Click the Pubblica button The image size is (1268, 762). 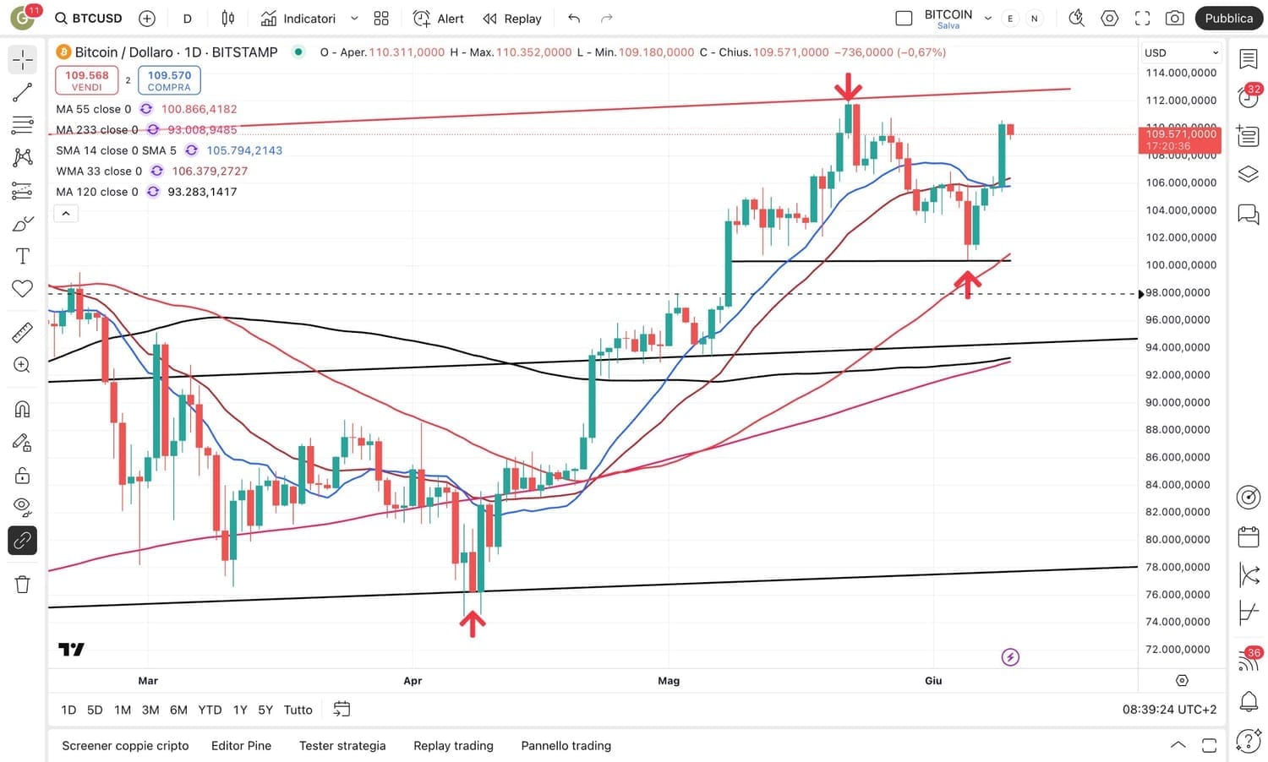tap(1228, 18)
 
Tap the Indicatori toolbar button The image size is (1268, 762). tap(298, 18)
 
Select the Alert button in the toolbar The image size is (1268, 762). tap(438, 18)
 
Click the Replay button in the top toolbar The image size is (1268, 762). tap(511, 18)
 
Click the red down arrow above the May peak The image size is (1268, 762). tap(848, 86)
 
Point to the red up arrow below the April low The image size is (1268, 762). tap(473, 623)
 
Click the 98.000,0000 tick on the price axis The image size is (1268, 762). tap(1178, 292)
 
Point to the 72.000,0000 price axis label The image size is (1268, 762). tap(1178, 649)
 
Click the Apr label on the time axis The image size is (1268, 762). tap(413, 680)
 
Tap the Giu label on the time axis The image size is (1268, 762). tap(933, 680)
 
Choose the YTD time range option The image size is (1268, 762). tap(210, 710)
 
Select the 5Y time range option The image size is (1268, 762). tap(265, 710)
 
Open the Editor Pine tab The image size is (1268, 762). tap(241, 745)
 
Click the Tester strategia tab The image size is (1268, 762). tap(342, 745)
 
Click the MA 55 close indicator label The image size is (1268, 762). tap(93, 109)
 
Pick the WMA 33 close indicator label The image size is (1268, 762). tap(99, 171)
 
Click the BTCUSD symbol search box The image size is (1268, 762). tap(89, 18)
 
